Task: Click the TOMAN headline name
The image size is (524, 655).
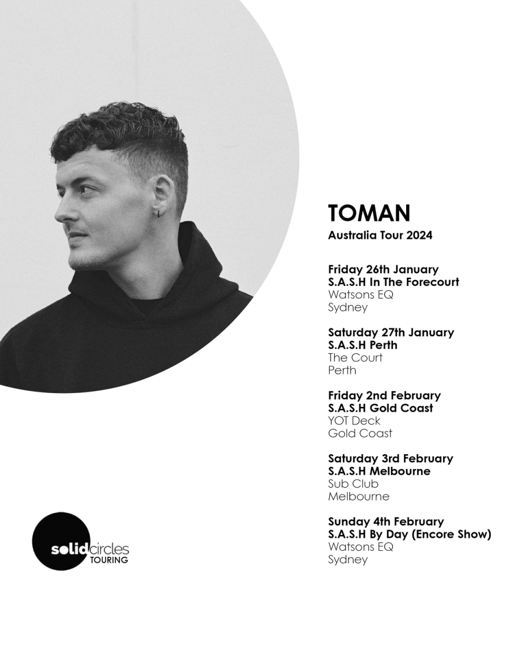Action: click(x=369, y=213)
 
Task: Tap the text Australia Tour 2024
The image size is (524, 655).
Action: click(x=380, y=235)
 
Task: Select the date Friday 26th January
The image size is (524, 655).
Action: click(x=383, y=269)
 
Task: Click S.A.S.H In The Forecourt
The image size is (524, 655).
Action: click(x=394, y=282)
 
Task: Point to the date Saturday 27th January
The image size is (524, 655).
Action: click(x=391, y=332)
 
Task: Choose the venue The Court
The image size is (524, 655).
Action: click(x=355, y=358)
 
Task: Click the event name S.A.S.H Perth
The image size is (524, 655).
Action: click(x=362, y=345)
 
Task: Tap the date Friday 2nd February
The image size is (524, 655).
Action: click(x=384, y=396)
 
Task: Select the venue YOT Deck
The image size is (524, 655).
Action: click(x=354, y=421)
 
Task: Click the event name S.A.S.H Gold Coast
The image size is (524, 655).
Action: click(x=380, y=408)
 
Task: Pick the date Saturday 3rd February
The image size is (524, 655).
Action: click(x=391, y=458)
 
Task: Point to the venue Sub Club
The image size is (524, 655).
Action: click(x=353, y=484)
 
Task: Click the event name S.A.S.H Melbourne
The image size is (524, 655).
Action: click(x=379, y=471)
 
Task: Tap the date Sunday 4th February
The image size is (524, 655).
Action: click(x=386, y=522)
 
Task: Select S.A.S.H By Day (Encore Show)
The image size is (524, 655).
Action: click(x=409, y=534)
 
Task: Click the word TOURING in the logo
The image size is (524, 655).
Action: click(x=109, y=560)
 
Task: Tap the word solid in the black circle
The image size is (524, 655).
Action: click(x=70, y=550)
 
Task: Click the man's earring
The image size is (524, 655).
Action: click(x=158, y=214)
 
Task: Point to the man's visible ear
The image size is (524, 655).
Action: click(x=164, y=195)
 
